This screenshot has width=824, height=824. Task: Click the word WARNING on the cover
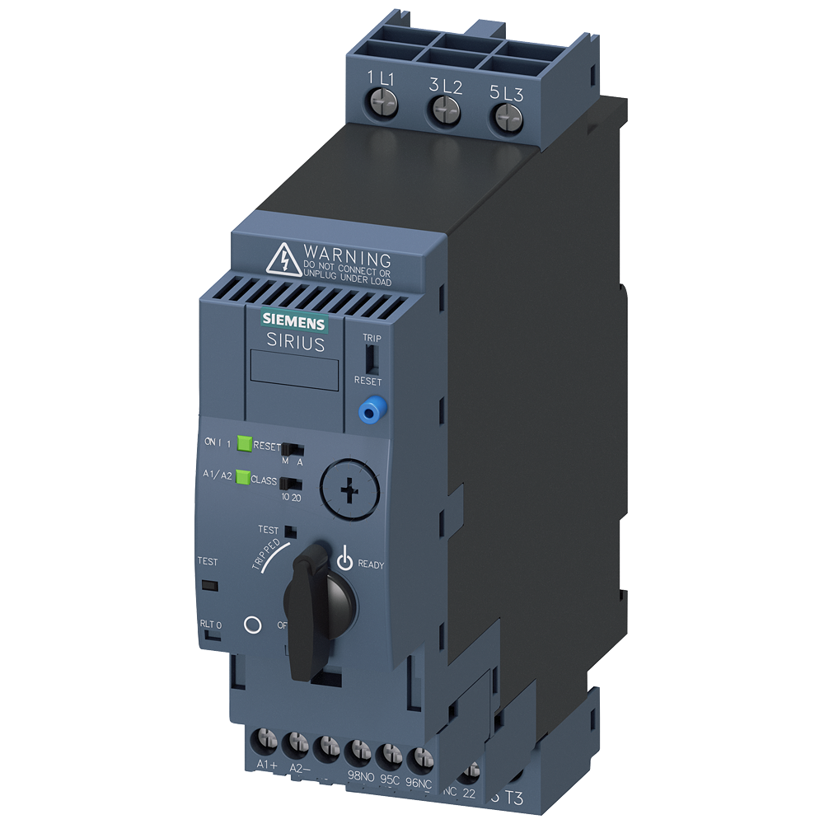pos(347,255)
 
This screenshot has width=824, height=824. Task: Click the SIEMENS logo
pos(293,321)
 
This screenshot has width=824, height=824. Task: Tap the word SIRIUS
pos(295,344)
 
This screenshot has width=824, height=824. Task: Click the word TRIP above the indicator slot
pos(372,338)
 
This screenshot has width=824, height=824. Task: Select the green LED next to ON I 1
pos(244,443)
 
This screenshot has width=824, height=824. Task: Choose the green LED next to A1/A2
pos(243,476)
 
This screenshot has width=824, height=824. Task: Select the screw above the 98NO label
pos(358,751)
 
